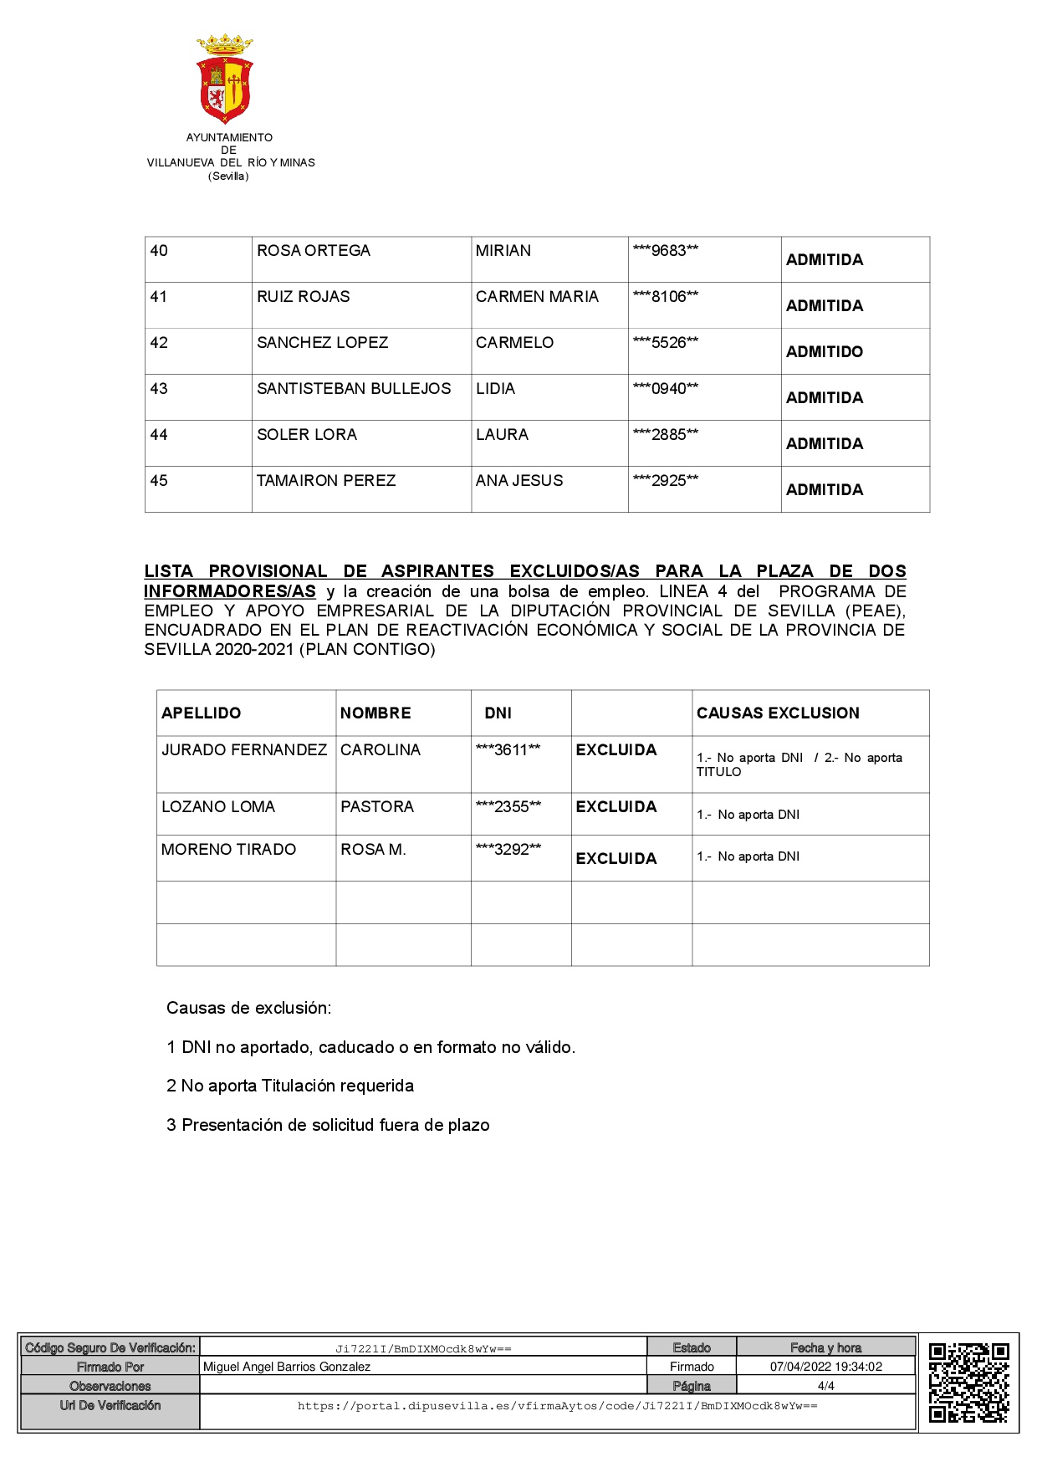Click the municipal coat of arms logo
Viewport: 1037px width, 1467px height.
point(225,79)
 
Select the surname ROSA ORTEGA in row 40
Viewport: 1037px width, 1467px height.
point(314,251)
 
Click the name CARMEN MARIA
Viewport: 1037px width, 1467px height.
point(537,297)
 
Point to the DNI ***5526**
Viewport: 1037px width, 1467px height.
point(666,343)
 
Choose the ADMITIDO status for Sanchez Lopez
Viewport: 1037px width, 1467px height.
point(825,352)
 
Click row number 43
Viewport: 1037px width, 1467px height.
point(159,389)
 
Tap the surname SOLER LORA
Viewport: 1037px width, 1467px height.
point(307,435)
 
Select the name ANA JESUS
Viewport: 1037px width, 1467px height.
point(519,481)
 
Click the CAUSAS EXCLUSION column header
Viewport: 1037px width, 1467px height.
point(778,713)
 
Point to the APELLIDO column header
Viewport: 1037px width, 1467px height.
point(201,713)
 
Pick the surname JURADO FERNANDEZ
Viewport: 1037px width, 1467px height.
point(244,750)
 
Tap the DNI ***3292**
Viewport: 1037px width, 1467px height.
point(508,850)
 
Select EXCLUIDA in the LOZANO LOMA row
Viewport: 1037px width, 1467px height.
point(616,807)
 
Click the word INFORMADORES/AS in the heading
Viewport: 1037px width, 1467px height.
point(230,591)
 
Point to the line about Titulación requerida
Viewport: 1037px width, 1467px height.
point(290,1086)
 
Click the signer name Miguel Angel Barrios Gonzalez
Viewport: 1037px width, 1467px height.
point(287,1367)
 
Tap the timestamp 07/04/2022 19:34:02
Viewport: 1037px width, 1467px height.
point(826,1367)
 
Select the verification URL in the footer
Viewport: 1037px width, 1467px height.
point(557,1406)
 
